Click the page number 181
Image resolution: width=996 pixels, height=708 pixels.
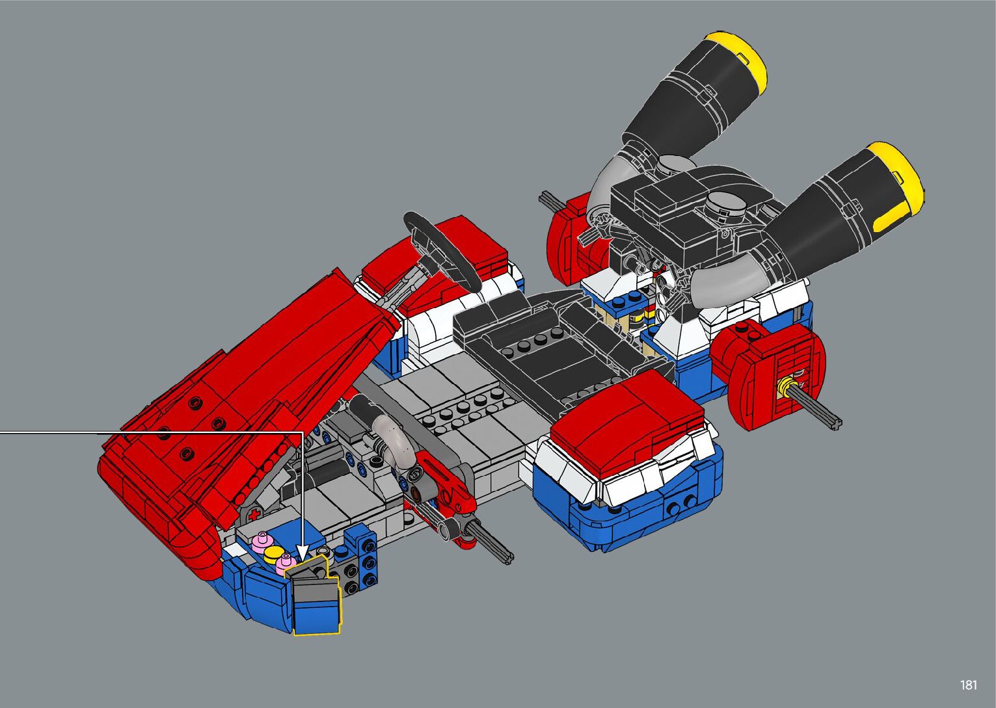pos(968,685)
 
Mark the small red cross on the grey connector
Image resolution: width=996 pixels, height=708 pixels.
pos(254,515)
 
